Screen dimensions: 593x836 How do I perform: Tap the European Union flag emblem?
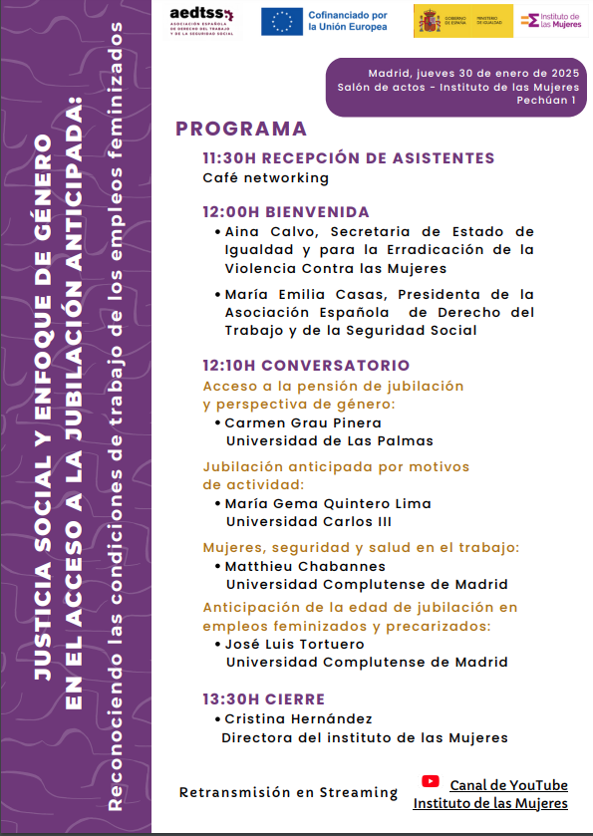coord(282,21)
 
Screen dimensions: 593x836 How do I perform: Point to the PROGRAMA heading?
coord(241,129)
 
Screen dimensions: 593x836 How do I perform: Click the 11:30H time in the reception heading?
coord(230,158)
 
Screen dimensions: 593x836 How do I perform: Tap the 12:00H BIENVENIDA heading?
coord(285,212)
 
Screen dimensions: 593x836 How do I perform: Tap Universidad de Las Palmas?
coord(329,440)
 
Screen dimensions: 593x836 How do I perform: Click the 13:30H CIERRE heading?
coord(263,699)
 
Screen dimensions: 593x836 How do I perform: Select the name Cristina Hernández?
coord(298,718)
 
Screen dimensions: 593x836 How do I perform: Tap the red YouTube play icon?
coord(431,782)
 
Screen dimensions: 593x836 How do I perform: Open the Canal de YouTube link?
coord(508,785)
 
